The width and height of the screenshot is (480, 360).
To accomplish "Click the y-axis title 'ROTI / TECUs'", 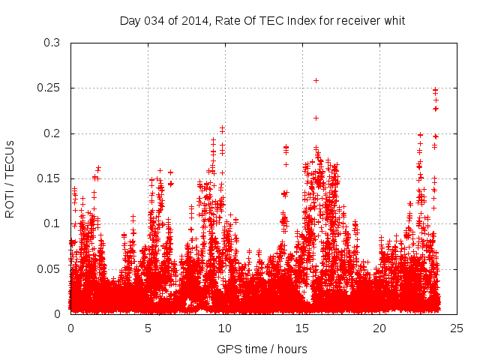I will [10, 178].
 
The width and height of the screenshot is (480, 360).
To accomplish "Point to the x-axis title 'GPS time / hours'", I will [262, 349].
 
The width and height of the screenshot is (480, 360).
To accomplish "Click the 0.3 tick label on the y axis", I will [52, 43].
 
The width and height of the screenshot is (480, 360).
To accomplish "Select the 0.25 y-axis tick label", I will [49, 88].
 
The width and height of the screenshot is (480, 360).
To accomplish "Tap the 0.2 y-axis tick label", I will [52, 133].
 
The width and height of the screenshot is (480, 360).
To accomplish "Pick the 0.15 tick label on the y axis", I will [49, 178].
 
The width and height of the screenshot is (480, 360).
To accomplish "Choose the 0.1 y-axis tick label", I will [52, 223].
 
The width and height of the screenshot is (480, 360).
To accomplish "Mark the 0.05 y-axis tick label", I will [49, 268].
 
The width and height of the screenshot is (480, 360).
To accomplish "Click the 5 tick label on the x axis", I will [148, 328].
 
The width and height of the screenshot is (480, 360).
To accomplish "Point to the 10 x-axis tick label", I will [226, 328].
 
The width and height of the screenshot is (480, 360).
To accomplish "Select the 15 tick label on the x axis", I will [303, 328].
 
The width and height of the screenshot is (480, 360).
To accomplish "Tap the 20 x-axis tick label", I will [380, 328].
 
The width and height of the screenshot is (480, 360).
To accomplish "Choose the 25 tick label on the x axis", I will [457, 328].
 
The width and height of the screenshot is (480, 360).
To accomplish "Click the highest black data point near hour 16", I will [316, 80].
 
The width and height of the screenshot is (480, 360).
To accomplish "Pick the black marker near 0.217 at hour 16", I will [316, 118].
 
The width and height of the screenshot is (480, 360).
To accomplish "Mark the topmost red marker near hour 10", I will [222, 128].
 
